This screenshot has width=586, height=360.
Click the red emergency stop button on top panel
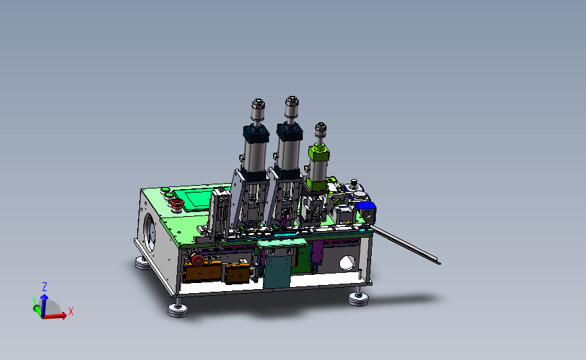coord(177,203)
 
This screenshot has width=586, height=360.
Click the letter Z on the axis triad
coord(45,287)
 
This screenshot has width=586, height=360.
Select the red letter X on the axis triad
coord(71,311)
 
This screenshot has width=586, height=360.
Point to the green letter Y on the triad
coord(34,301)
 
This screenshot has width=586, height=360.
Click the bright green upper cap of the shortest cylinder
coord(319,153)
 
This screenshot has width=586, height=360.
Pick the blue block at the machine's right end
coord(366,207)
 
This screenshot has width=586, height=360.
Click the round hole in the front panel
coord(347,263)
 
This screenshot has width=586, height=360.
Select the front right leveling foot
coord(358,299)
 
